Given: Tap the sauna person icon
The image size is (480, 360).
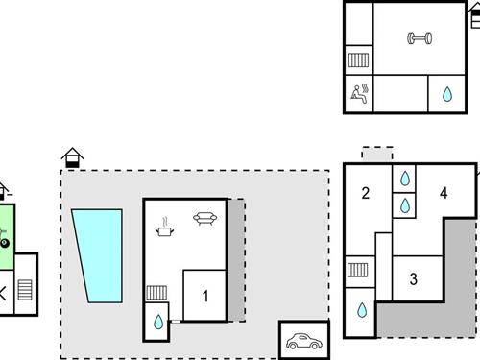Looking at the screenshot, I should click(361, 93).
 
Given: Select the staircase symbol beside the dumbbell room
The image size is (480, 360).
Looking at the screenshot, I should click(358, 60).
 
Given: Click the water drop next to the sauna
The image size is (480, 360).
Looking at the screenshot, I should click(446, 94).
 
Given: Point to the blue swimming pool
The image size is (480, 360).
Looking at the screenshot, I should click(99, 254).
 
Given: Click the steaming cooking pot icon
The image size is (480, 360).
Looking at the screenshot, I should click(165, 227).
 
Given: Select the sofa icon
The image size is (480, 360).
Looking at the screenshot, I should click(204, 218).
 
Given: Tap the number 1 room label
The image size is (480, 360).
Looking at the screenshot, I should click(204, 297).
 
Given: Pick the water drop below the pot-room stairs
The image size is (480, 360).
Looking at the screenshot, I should click(158, 322).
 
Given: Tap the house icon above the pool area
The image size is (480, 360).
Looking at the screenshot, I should click(72, 156).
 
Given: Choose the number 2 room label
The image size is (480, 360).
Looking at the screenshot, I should click(366, 193).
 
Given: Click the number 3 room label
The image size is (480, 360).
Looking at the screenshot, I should click(414, 279).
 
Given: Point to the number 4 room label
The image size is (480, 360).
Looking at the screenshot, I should click(443, 193).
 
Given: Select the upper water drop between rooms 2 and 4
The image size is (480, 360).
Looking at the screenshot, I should click(404, 179).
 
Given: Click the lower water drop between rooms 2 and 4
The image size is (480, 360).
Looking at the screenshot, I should click(404, 204).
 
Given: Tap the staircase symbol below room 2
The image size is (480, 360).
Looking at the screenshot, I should click(358, 270).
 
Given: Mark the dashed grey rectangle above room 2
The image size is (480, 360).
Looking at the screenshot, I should click(377, 154).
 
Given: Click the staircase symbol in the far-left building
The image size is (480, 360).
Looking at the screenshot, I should click(25, 289).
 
